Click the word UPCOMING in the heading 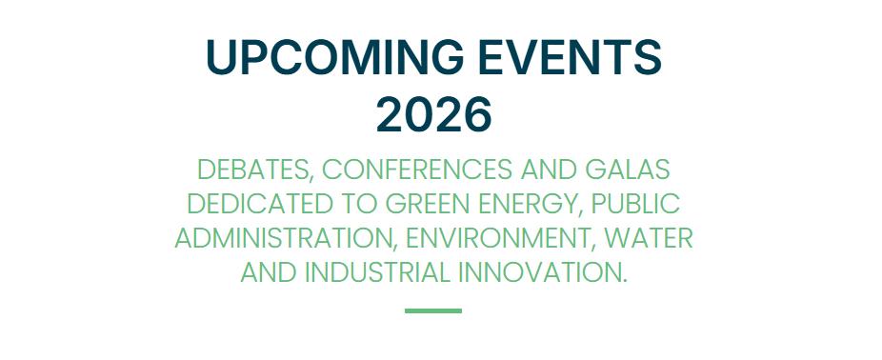coord(334,57)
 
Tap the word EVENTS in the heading coord(570,57)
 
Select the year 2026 coord(433,114)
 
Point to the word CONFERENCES coord(417,170)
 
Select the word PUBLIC coord(636,204)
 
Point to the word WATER coord(649,238)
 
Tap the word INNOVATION coord(542,272)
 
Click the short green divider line coord(433,311)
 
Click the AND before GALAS coord(549,170)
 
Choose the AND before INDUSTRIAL coord(269,272)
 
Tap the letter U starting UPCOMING coord(221,57)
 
